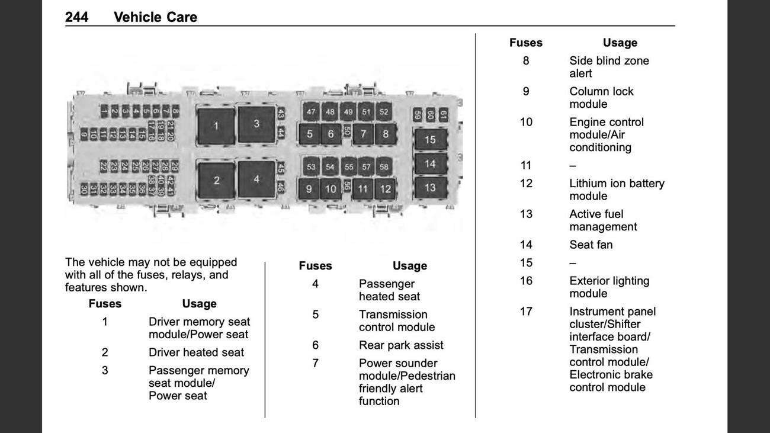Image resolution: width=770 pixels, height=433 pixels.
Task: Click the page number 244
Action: [x=76, y=17]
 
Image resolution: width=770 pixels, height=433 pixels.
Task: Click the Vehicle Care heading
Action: [x=155, y=17]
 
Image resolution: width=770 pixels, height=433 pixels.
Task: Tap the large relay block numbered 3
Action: [x=256, y=124]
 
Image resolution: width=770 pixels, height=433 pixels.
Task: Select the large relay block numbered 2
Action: [x=217, y=180]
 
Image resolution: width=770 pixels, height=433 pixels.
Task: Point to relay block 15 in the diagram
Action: [x=431, y=139]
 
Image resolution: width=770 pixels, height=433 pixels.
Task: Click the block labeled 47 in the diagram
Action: [x=311, y=112]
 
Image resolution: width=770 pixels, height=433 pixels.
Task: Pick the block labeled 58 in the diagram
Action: [x=384, y=166]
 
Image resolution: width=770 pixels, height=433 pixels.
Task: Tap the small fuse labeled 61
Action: [x=444, y=114]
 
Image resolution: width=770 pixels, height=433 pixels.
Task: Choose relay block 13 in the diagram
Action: [x=431, y=188]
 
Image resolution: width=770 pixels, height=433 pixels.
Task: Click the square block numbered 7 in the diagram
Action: [x=363, y=134]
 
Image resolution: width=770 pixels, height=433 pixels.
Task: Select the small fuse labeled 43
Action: [x=281, y=113]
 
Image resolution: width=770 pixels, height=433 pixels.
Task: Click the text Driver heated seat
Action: [x=196, y=352]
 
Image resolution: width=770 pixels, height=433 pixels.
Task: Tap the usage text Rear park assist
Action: [x=401, y=345]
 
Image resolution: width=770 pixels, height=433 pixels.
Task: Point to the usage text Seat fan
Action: [x=591, y=245]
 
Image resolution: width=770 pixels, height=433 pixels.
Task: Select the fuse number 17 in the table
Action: [x=526, y=312]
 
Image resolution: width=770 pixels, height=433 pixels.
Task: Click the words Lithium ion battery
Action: [x=617, y=184]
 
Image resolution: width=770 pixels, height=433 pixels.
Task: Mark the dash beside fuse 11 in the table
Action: [x=573, y=166]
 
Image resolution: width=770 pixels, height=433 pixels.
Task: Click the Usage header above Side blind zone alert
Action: [x=620, y=43]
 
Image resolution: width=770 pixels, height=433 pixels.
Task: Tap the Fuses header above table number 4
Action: [x=315, y=265]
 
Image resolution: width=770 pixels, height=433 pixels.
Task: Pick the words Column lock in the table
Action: [x=601, y=91]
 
